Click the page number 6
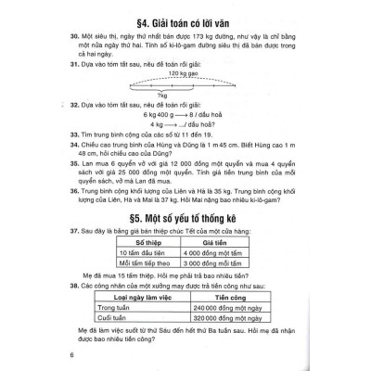[60, 358]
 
